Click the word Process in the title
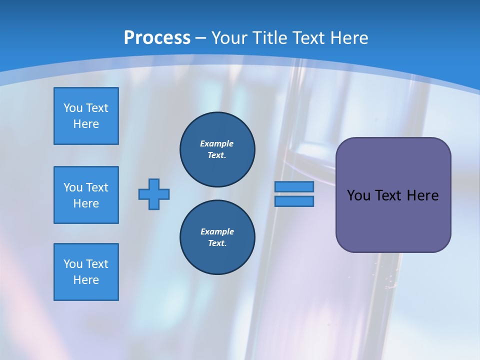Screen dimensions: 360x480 [157, 38]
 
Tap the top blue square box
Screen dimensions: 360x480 [86, 116]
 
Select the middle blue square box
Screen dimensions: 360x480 [86, 195]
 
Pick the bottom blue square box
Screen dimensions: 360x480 [86, 272]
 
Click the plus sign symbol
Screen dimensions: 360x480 [154, 194]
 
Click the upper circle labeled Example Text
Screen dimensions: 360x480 [217, 149]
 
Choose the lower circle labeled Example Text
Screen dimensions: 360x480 [217, 237]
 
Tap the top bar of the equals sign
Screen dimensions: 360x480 [294, 186]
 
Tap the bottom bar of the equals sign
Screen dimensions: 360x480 [294, 201]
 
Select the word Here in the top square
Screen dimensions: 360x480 [86, 124]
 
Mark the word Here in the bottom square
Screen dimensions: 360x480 [86, 280]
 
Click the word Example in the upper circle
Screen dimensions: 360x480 [217, 143]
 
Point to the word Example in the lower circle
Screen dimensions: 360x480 [217, 231]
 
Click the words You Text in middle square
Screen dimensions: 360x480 [86, 187]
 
